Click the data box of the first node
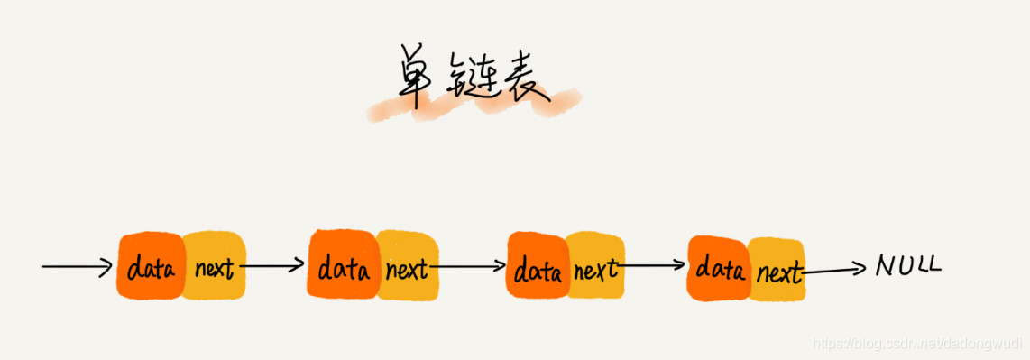coord(150,266)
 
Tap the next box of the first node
coord(214,267)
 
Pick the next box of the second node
coord(407,267)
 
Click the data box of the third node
coord(537,266)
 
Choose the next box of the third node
coord(595,267)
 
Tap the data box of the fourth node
coord(718,268)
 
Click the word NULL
coord(907,265)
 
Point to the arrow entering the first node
coord(77,267)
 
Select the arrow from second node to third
coord(469,267)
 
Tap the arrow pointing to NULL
coord(834,270)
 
